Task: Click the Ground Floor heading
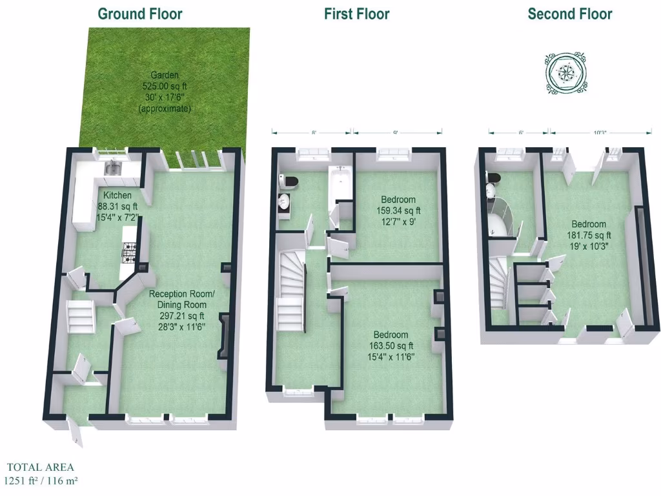(x=140, y=14)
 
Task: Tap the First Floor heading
(x=357, y=14)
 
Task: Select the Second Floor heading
(x=570, y=14)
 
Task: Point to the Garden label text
(x=165, y=75)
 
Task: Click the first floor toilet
(x=287, y=181)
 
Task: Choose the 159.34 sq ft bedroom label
(x=398, y=210)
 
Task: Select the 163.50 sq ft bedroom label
(x=391, y=346)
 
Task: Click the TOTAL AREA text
(x=41, y=467)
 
